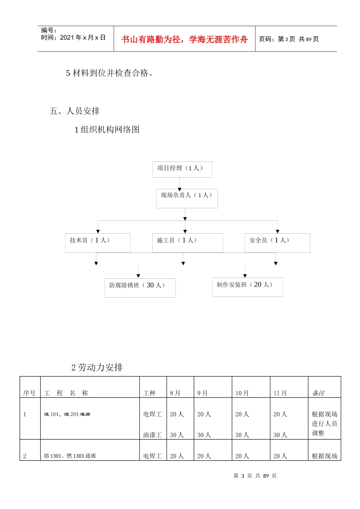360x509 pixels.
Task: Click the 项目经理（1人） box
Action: tap(182, 169)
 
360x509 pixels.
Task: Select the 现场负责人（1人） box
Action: tap(187, 198)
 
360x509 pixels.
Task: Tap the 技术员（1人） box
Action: tap(98, 243)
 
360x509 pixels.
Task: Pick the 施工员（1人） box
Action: tap(187, 243)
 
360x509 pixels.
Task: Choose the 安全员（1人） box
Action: tap(277, 243)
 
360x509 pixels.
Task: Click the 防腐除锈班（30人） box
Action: tap(140, 288)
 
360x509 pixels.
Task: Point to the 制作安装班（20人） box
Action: tap(247, 287)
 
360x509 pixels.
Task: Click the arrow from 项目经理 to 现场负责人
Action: tap(180, 184)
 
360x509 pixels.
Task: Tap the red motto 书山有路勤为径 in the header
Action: tap(185, 39)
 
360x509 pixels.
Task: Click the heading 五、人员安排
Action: tap(75, 111)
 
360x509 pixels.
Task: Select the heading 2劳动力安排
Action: tap(97, 367)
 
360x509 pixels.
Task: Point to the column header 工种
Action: tap(149, 393)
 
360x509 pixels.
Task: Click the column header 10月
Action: tap(242, 393)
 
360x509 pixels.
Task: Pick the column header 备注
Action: tap(318, 393)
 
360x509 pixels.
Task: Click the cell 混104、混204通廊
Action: tap(67, 414)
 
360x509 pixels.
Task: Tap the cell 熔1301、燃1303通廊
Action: tap(70, 456)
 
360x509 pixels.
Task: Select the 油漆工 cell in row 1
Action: tap(152, 435)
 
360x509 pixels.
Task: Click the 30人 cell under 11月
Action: tap(280, 435)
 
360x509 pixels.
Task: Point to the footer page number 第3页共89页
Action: tap(255, 476)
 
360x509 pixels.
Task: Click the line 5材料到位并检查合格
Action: tap(110, 73)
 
